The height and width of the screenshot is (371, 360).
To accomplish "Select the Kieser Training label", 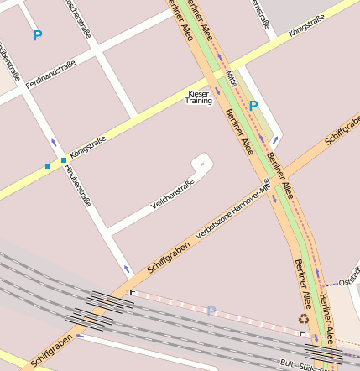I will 199,97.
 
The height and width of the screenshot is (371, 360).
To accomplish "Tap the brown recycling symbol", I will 303,319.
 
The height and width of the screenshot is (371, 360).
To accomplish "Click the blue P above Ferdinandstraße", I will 37,36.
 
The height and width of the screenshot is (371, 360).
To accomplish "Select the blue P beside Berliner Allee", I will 253,107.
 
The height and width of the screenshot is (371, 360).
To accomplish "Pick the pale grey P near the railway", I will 211,311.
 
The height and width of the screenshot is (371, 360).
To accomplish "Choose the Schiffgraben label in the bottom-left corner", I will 50,351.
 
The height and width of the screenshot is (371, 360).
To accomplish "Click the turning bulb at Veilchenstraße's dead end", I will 201,159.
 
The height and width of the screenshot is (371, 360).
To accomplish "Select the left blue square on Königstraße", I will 48,165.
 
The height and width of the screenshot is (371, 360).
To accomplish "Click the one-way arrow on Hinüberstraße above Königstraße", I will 54,142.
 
